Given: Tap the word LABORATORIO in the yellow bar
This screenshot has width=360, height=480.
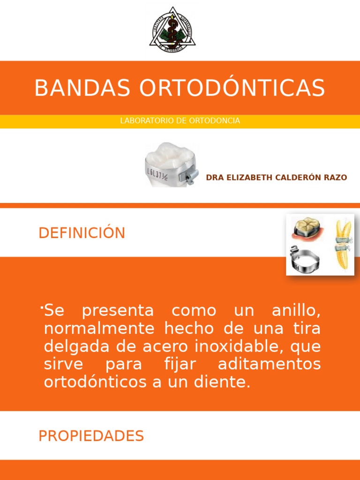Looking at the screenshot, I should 147,121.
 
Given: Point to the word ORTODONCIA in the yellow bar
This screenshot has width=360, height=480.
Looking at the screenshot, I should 215,121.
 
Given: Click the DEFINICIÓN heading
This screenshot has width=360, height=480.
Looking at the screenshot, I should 82,233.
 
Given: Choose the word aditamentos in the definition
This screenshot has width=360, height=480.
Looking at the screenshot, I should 269,364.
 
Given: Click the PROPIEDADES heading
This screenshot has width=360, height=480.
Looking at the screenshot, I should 91,436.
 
